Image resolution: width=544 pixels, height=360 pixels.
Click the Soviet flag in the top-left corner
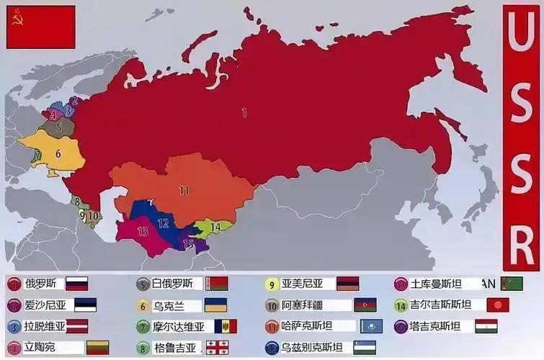tap(41, 27)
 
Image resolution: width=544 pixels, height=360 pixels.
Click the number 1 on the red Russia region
tap(244, 112)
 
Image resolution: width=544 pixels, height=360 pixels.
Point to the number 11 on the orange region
tap(184, 191)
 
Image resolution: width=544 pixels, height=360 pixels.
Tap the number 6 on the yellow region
tap(58, 153)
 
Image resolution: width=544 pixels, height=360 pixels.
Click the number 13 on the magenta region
tap(143, 231)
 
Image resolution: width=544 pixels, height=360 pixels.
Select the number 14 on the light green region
tap(215, 227)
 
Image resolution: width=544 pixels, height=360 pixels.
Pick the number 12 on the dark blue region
tap(164, 223)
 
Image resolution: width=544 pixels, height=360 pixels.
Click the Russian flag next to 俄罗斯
tap(76, 284)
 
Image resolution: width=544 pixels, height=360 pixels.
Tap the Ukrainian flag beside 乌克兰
tap(215, 305)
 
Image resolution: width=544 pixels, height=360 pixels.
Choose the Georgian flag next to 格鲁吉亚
tap(217, 348)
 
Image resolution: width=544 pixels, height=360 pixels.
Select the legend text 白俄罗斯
tap(173, 284)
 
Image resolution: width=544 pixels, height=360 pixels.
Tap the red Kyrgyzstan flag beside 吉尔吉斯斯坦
tap(497, 305)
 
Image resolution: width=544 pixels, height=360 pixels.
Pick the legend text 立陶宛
tap(40, 348)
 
